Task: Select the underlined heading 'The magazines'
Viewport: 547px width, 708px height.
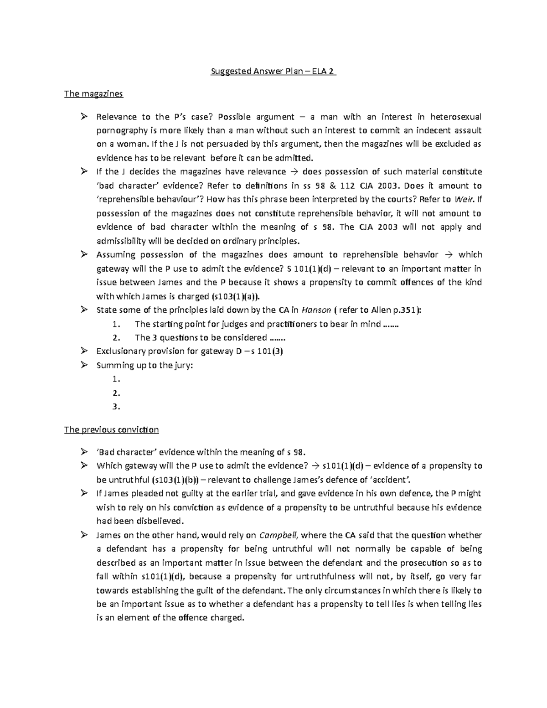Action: point(93,94)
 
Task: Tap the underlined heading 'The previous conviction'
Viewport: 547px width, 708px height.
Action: point(111,429)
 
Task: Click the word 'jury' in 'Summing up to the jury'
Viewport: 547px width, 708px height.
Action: point(183,365)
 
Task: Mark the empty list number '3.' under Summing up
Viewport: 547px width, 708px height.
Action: point(116,407)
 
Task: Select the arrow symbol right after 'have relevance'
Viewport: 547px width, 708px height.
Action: point(294,172)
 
